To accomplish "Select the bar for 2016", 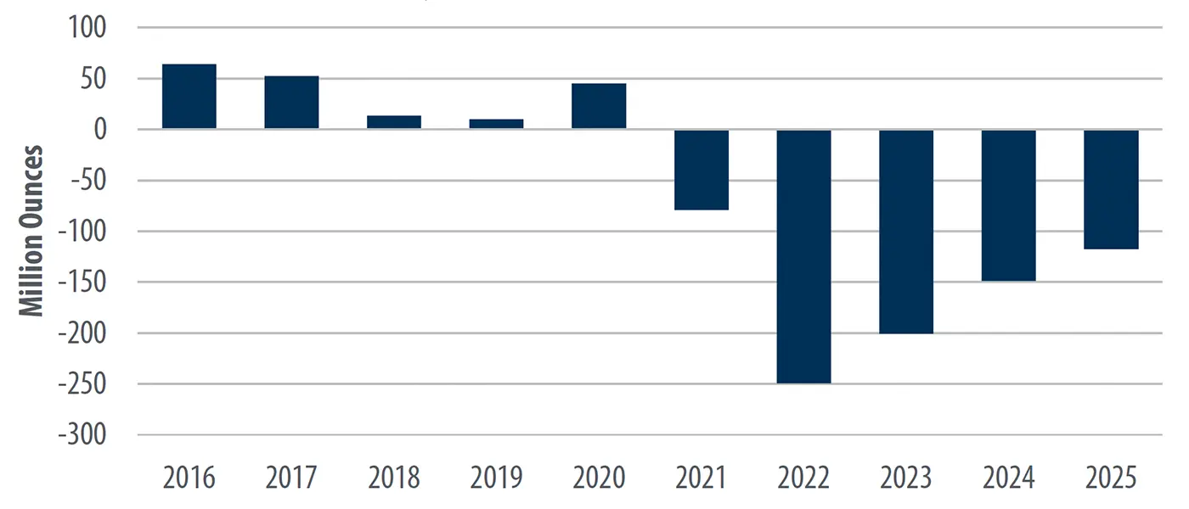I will (189, 96).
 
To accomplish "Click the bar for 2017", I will (291, 102).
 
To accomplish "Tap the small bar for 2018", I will (394, 122).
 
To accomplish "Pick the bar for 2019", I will (497, 124).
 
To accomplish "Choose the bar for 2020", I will (599, 106).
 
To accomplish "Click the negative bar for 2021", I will (702, 170).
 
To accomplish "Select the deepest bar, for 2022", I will (803, 256).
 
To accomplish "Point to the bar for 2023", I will (906, 232).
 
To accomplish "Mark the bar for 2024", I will (1009, 205).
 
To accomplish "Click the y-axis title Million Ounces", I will (32, 232).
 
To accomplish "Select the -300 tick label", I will (83, 435).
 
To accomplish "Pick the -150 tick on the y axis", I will (83, 282).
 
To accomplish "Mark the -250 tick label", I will (83, 384).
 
